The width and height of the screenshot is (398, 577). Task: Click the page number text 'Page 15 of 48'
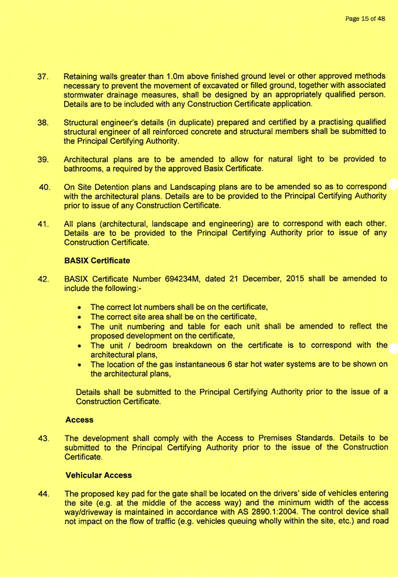point(365,19)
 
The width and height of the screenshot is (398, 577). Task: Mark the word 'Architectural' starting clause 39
point(92,159)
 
